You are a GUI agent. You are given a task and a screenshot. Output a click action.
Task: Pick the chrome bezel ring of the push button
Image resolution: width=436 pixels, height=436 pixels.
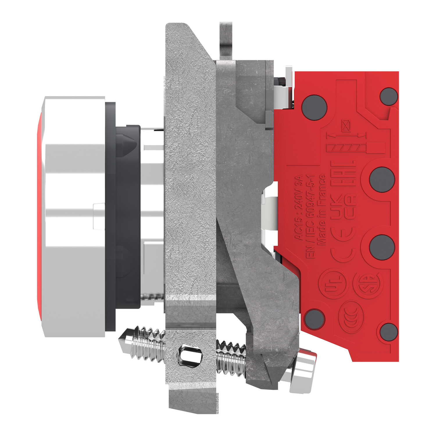[x=74, y=217]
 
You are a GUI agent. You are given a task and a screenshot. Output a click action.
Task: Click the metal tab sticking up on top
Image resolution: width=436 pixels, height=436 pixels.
[x=226, y=41]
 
